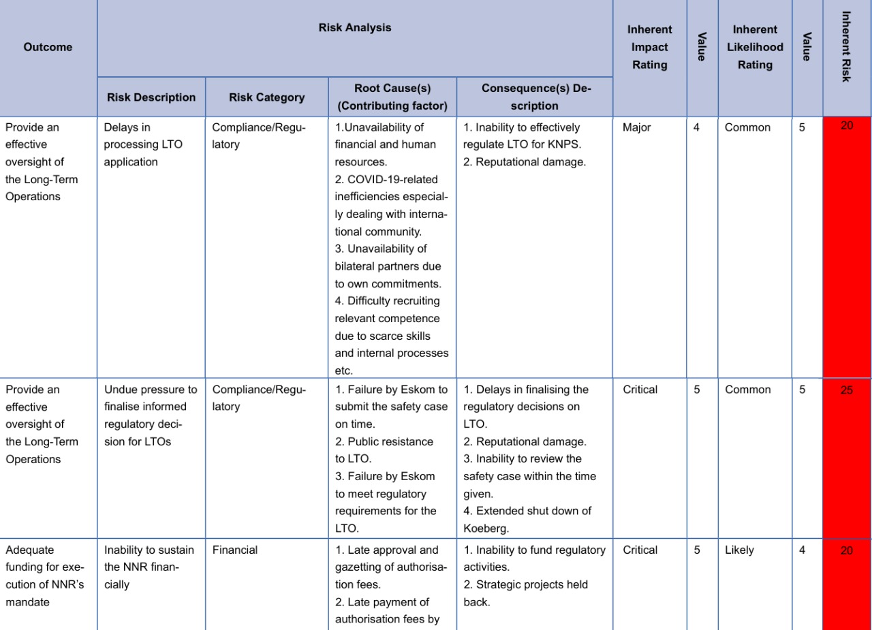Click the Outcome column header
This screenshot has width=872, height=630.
click(x=48, y=47)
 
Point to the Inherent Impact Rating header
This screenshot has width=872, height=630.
click(x=649, y=47)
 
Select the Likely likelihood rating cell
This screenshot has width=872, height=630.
click(x=740, y=550)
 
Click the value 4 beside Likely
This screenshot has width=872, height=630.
click(x=802, y=550)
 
